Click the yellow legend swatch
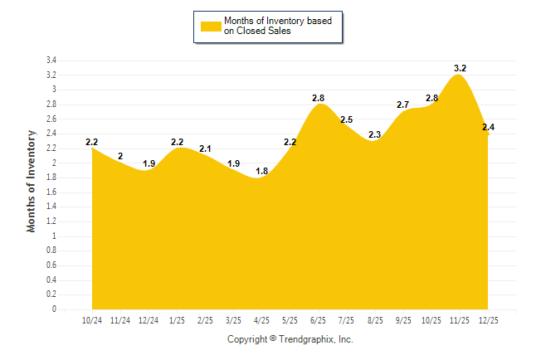[x=210, y=26]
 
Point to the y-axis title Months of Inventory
[x=32, y=180]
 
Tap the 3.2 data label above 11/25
[x=460, y=68]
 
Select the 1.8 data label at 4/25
[x=261, y=171]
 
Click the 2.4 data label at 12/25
[x=488, y=127]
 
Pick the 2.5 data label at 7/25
[x=346, y=120]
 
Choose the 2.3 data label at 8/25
[x=374, y=134]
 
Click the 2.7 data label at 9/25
[x=402, y=105]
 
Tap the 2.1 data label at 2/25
[x=205, y=149]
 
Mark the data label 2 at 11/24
[x=120, y=156]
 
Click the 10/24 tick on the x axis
[x=92, y=320]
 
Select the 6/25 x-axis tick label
[x=318, y=320]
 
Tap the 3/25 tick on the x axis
[x=233, y=320]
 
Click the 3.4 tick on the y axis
[x=51, y=61]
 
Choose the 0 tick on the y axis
[x=54, y=309]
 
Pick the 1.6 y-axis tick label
[x=51, y=192]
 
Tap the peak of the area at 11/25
[x=459, y=75]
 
